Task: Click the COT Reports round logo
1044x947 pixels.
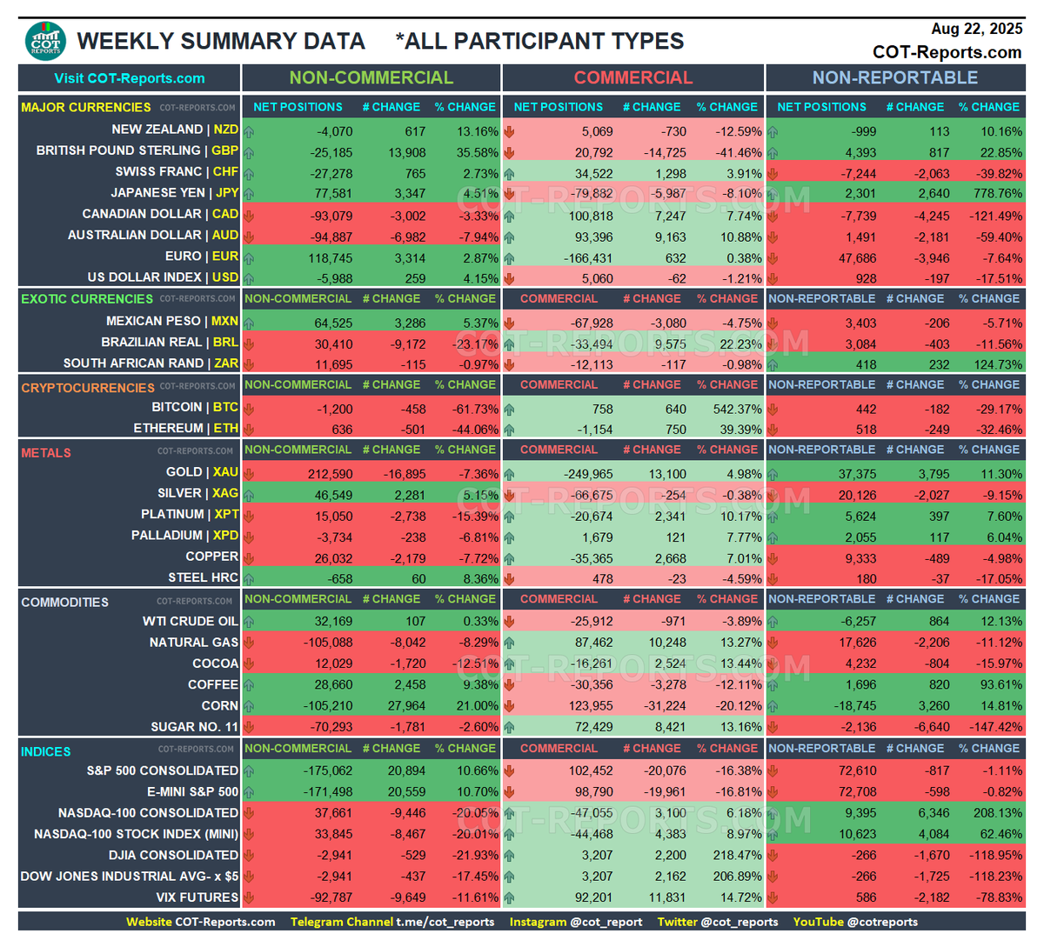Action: (x=46, y=41)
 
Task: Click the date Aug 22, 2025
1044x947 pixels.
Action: (x=976, y=29)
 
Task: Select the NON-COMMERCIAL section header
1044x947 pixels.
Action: (x=371, y=78)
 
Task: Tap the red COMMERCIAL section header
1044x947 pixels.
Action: (x=632, y=78)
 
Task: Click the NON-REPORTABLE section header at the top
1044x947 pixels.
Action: (x=895, y=78)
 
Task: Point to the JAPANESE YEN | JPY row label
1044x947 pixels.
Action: (x=175, y=193)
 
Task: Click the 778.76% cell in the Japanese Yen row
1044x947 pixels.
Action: (x=998, y=194)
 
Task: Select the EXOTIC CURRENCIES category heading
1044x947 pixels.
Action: (x=87, y=299)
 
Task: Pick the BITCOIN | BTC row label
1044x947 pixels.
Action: (x=195, y=407)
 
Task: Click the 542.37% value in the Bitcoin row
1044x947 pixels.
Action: (x=737, y=410)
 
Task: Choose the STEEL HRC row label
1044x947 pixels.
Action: (x=203, y=577)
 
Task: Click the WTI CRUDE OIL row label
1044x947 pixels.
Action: (x=191, y=621)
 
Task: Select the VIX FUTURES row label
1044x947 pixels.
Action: (x=197, y=897)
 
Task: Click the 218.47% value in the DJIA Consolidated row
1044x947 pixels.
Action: (x=737, y=856)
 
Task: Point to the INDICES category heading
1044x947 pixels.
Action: (x=46, y=752)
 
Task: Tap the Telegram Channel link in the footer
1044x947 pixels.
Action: (x=392, y=922)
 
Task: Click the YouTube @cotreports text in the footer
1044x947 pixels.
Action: (x=855, y=922)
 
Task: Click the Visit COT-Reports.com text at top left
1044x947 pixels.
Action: (x=130, y=78)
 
